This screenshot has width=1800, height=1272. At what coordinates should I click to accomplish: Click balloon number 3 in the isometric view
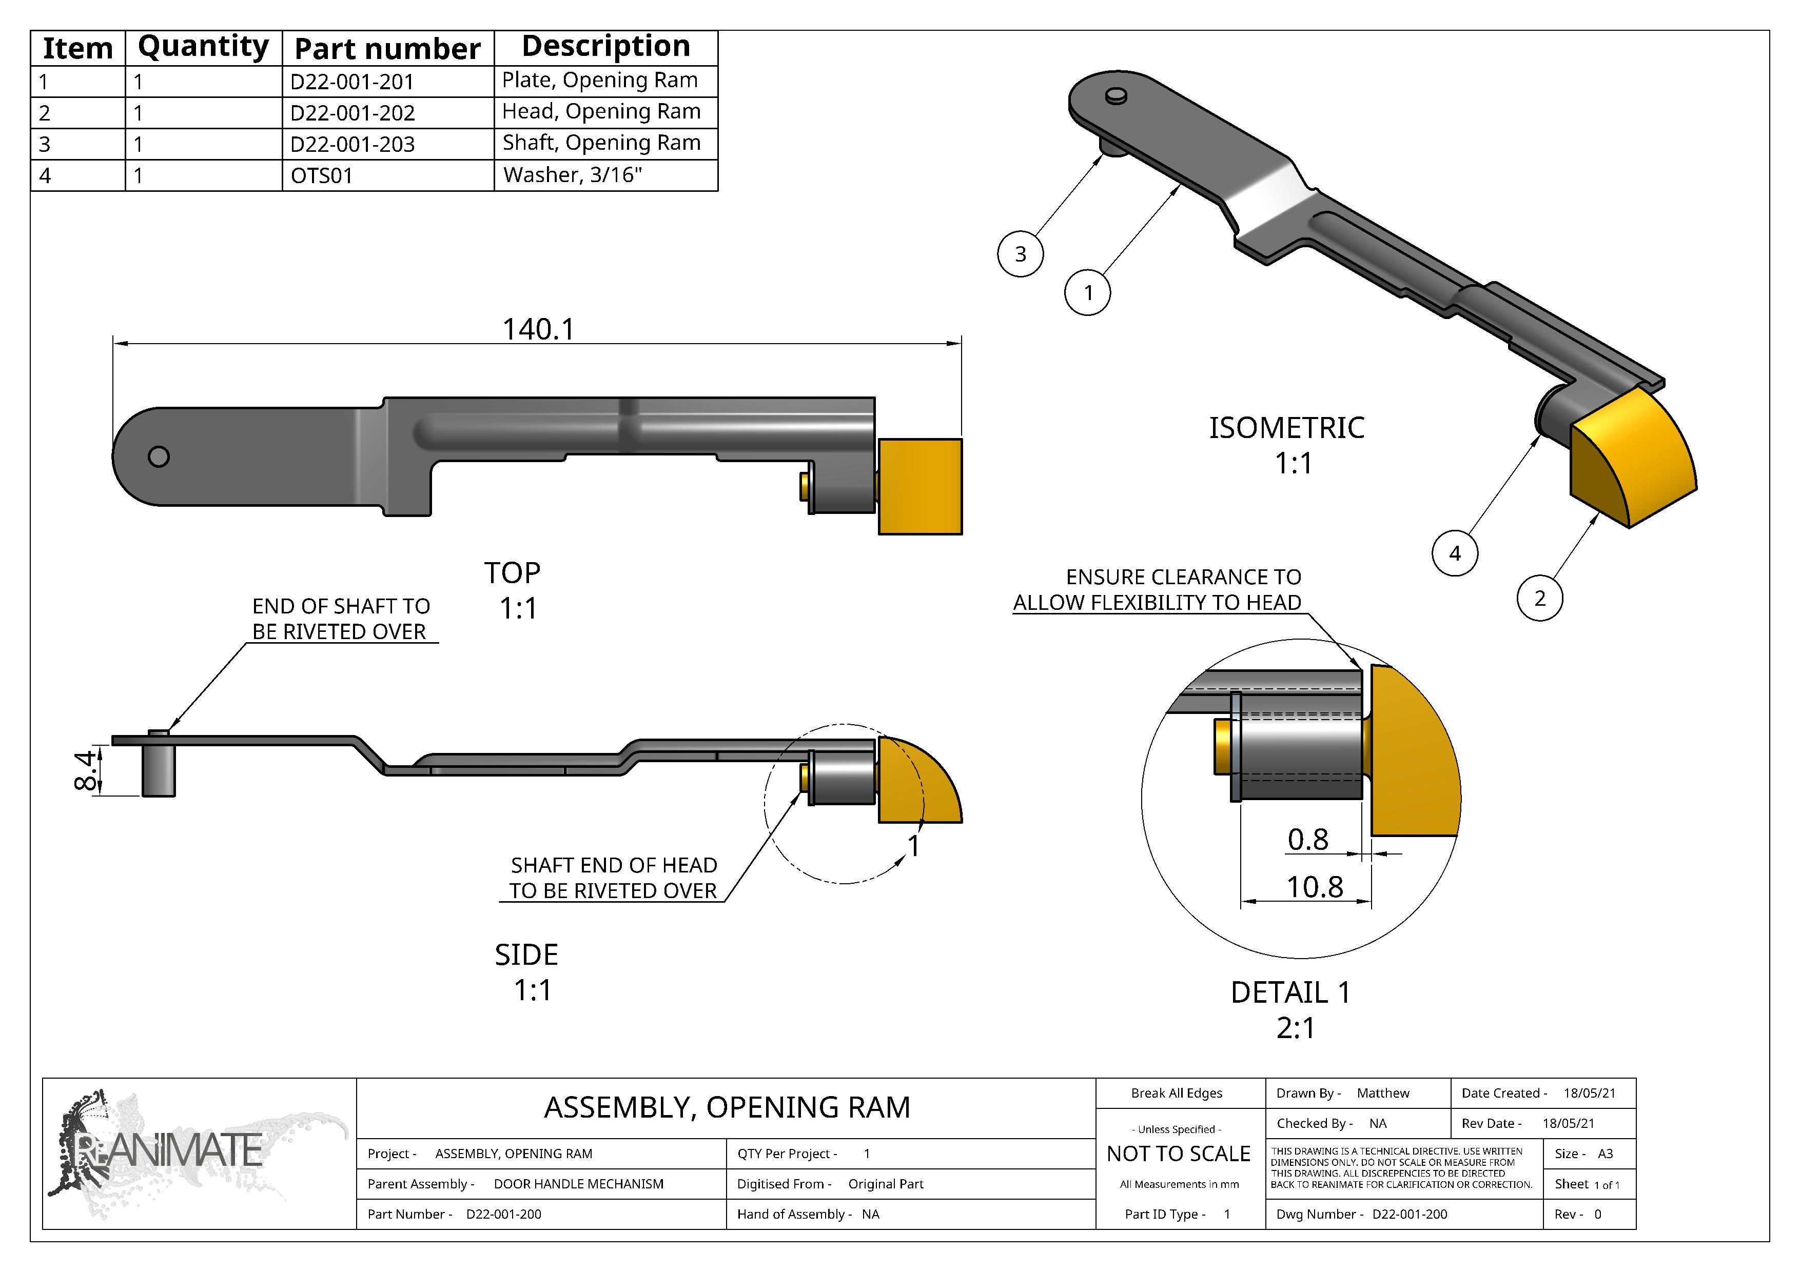coord(1020,254)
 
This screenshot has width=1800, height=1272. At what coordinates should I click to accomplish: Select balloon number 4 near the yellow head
coord(1454,553)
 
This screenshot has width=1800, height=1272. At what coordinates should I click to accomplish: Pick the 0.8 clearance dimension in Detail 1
coord(1307,840)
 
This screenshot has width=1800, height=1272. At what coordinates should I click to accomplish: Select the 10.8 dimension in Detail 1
coord(1315,887)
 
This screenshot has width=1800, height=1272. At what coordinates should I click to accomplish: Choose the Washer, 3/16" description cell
coord(572,175)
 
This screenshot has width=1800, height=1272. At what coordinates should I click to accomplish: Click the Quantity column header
coord(203,47)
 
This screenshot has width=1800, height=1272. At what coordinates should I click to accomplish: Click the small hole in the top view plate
coord(159,456)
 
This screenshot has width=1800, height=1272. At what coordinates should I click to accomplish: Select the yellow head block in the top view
coord(919,487)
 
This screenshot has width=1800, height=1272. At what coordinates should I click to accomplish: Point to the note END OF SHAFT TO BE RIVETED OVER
coord(341,619)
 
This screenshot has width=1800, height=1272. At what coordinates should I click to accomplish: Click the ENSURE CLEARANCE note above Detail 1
coord(1157,589)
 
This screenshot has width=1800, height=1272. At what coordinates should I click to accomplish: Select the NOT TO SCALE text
coord(1178,1154)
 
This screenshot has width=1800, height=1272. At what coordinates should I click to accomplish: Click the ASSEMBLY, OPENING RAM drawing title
coord(727,1107)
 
